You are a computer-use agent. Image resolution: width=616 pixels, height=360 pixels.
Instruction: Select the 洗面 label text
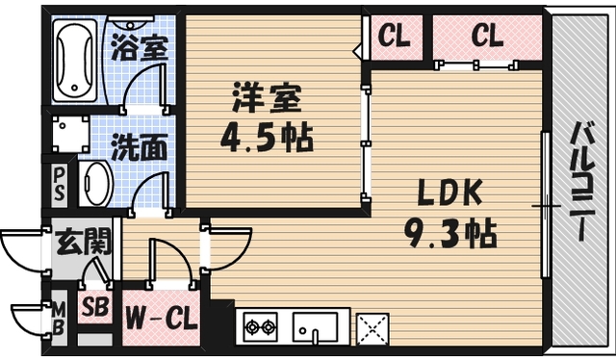click(140, 149)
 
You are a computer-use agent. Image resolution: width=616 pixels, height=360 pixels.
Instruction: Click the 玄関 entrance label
click(82, 242)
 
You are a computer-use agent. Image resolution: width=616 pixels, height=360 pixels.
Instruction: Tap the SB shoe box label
click(93, 309)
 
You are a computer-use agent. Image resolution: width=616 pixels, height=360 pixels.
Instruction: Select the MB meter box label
click(58, 319)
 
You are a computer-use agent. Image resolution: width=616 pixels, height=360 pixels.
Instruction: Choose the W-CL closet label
click(159, 318)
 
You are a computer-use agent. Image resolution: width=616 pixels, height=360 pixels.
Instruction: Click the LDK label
click(449, 193)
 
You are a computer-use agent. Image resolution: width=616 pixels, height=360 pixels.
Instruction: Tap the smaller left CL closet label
click(393, 38)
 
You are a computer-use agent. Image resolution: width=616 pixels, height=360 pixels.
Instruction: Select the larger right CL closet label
click(488, 38)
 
